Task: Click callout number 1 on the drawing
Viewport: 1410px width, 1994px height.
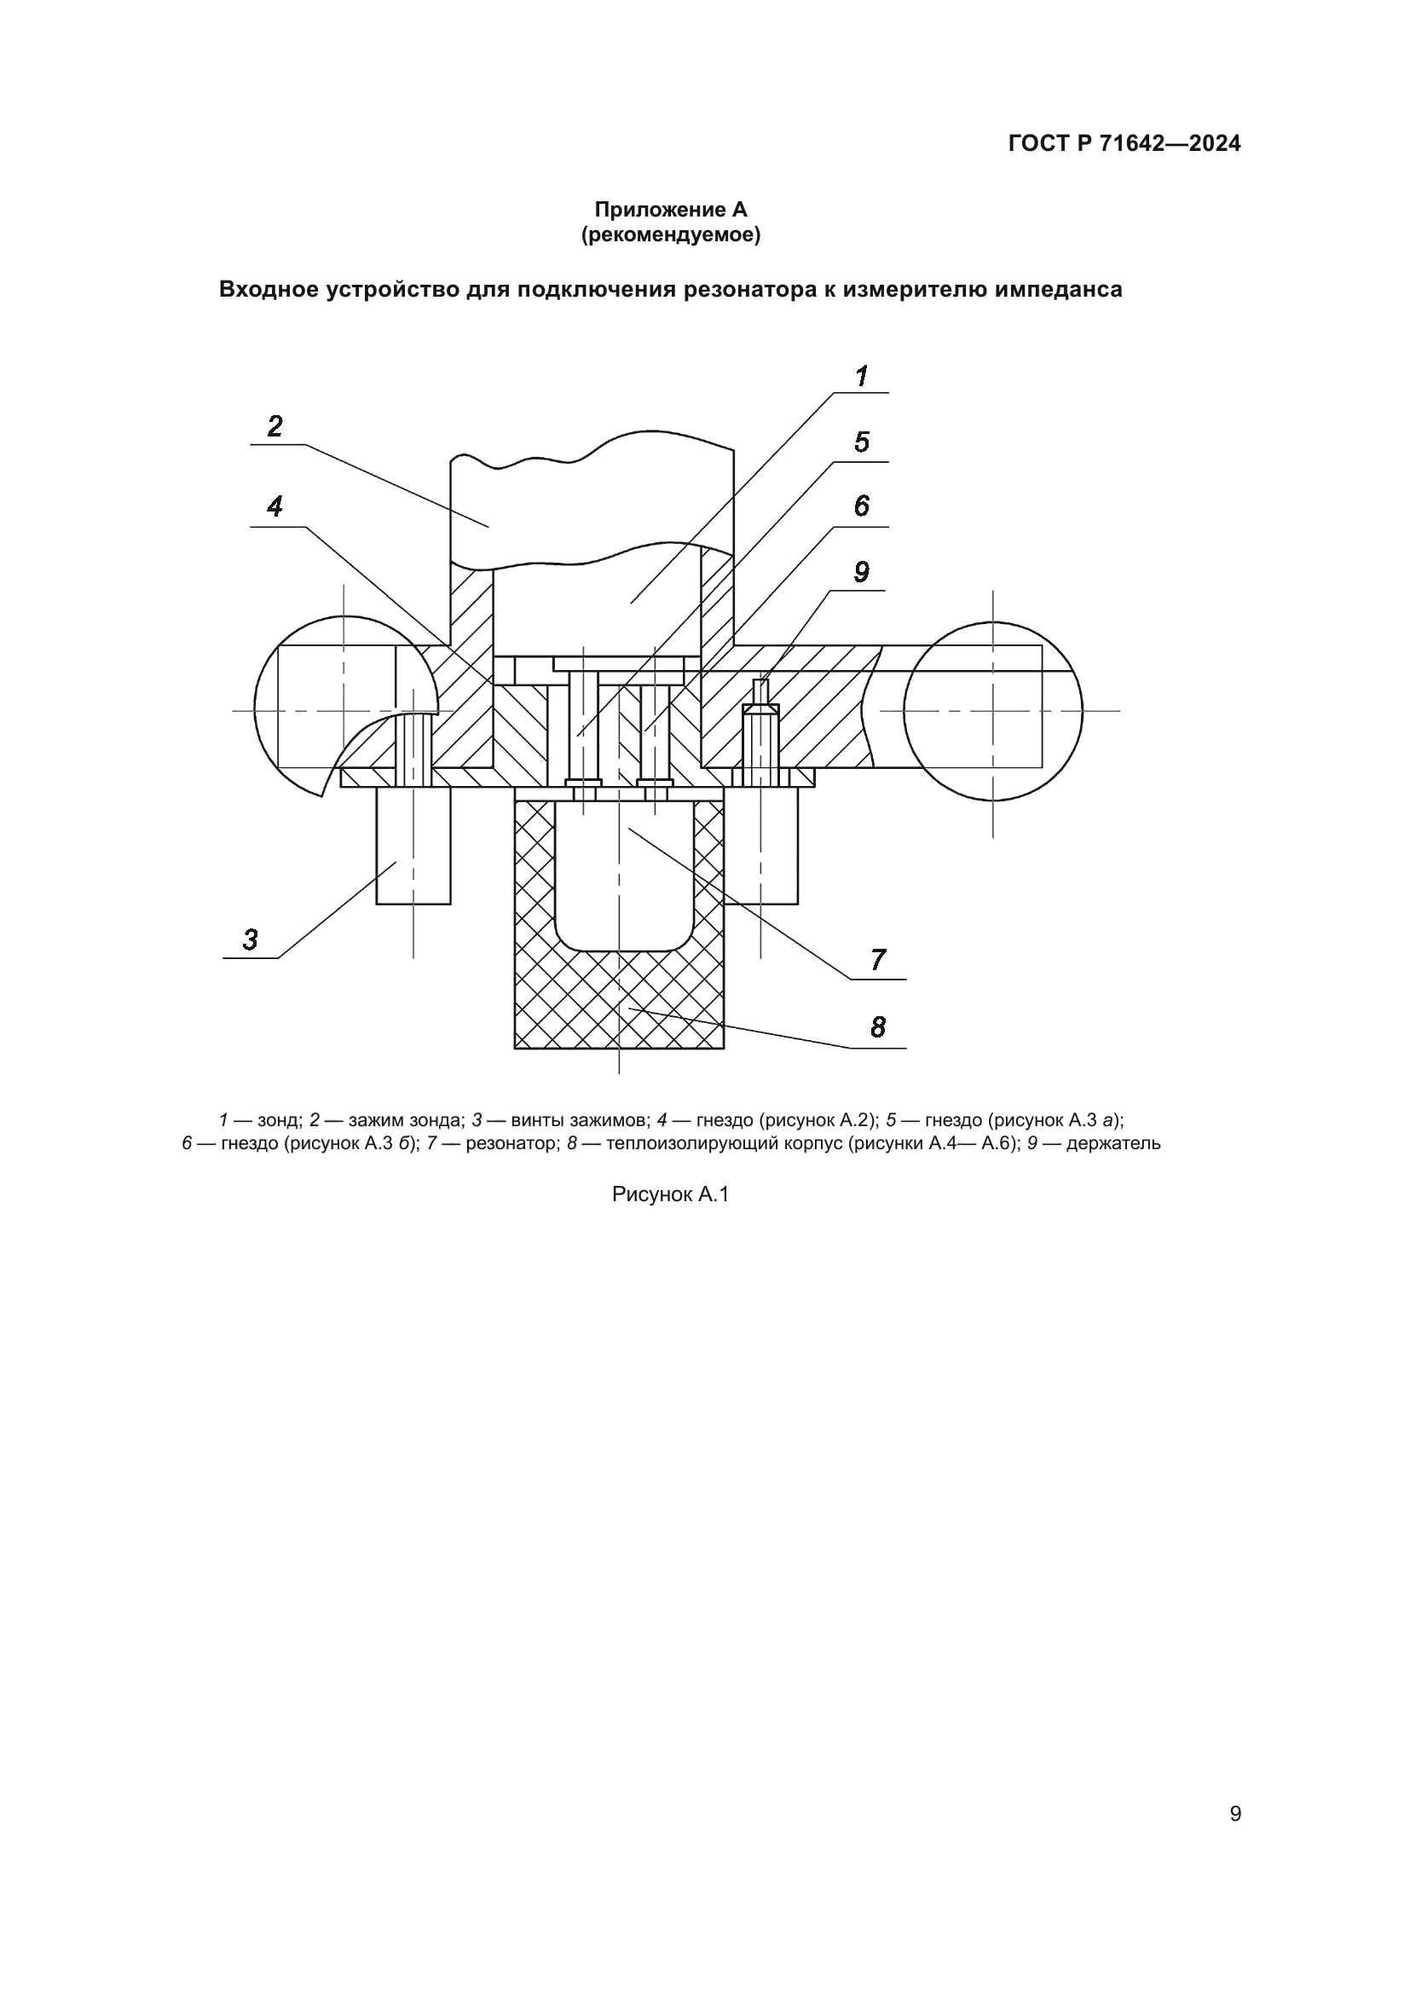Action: coord(861,377)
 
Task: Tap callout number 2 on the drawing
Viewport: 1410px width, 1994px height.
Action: coord(274,426)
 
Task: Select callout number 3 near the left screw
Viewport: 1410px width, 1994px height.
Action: coord(250,939)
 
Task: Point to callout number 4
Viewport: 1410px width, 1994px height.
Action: coord(274,506)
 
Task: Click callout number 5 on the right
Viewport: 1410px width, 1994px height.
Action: coord(861,443)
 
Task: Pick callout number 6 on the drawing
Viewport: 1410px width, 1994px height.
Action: coord(861,506)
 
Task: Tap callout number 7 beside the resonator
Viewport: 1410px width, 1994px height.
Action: coord(878,961)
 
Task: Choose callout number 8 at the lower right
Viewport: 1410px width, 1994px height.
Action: coord(878,1027)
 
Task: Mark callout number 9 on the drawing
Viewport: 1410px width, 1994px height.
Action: coord(861,572)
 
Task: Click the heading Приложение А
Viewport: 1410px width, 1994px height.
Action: coord(670,210)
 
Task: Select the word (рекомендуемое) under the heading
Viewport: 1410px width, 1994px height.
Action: coord(670,235)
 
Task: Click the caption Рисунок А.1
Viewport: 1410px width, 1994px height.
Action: coord(670,1195)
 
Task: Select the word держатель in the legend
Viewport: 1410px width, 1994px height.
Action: coord(1113,1144)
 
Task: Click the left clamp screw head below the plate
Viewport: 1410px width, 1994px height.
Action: coord(413,846)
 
